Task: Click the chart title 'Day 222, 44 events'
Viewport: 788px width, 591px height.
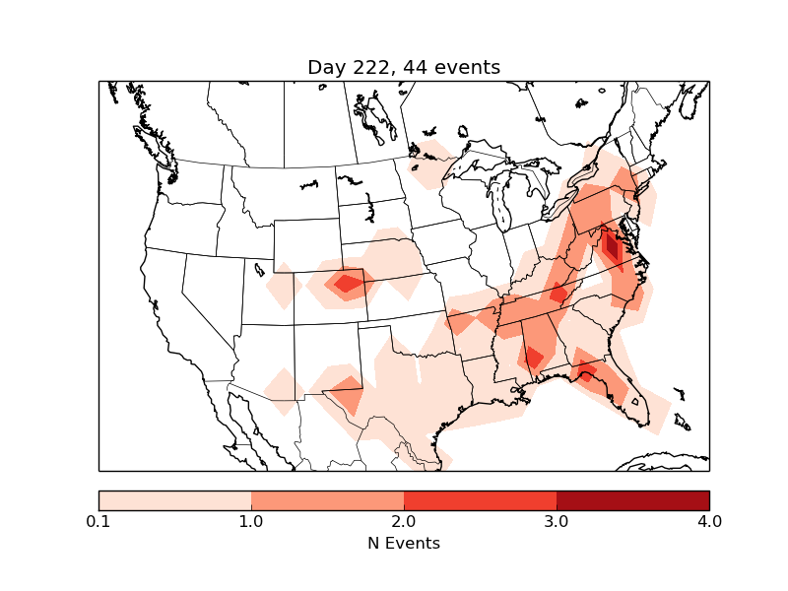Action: pos(404,67)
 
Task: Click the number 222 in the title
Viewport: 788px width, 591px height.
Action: pos(369,67)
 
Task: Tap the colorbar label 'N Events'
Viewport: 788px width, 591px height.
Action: pos(404,543)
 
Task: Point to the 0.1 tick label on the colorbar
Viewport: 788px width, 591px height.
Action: pos(98,521)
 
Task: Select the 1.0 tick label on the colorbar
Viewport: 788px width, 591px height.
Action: pos(251,521)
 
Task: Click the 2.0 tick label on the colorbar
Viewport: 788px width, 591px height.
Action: pos(404,521)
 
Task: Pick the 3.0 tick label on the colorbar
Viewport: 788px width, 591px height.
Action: pos(557,521)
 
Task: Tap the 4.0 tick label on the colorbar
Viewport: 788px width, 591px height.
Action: pos(709,521)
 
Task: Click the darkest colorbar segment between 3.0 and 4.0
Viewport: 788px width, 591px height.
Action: pos(632,499)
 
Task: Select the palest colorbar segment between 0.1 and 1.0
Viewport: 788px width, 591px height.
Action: pos(174,499)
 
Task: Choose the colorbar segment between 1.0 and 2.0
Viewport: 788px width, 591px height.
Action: pos(327,499)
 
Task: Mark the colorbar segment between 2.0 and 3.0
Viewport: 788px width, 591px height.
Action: pos(480,499)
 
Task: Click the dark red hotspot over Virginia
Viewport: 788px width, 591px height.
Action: pos(611,244)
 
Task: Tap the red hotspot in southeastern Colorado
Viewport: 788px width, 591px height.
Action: pos(347,284)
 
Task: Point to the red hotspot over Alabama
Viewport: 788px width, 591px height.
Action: pos(533,357)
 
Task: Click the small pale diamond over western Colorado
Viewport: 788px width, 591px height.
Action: pos(285,285)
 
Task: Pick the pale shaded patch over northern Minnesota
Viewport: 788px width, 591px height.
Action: pos(430,163)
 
